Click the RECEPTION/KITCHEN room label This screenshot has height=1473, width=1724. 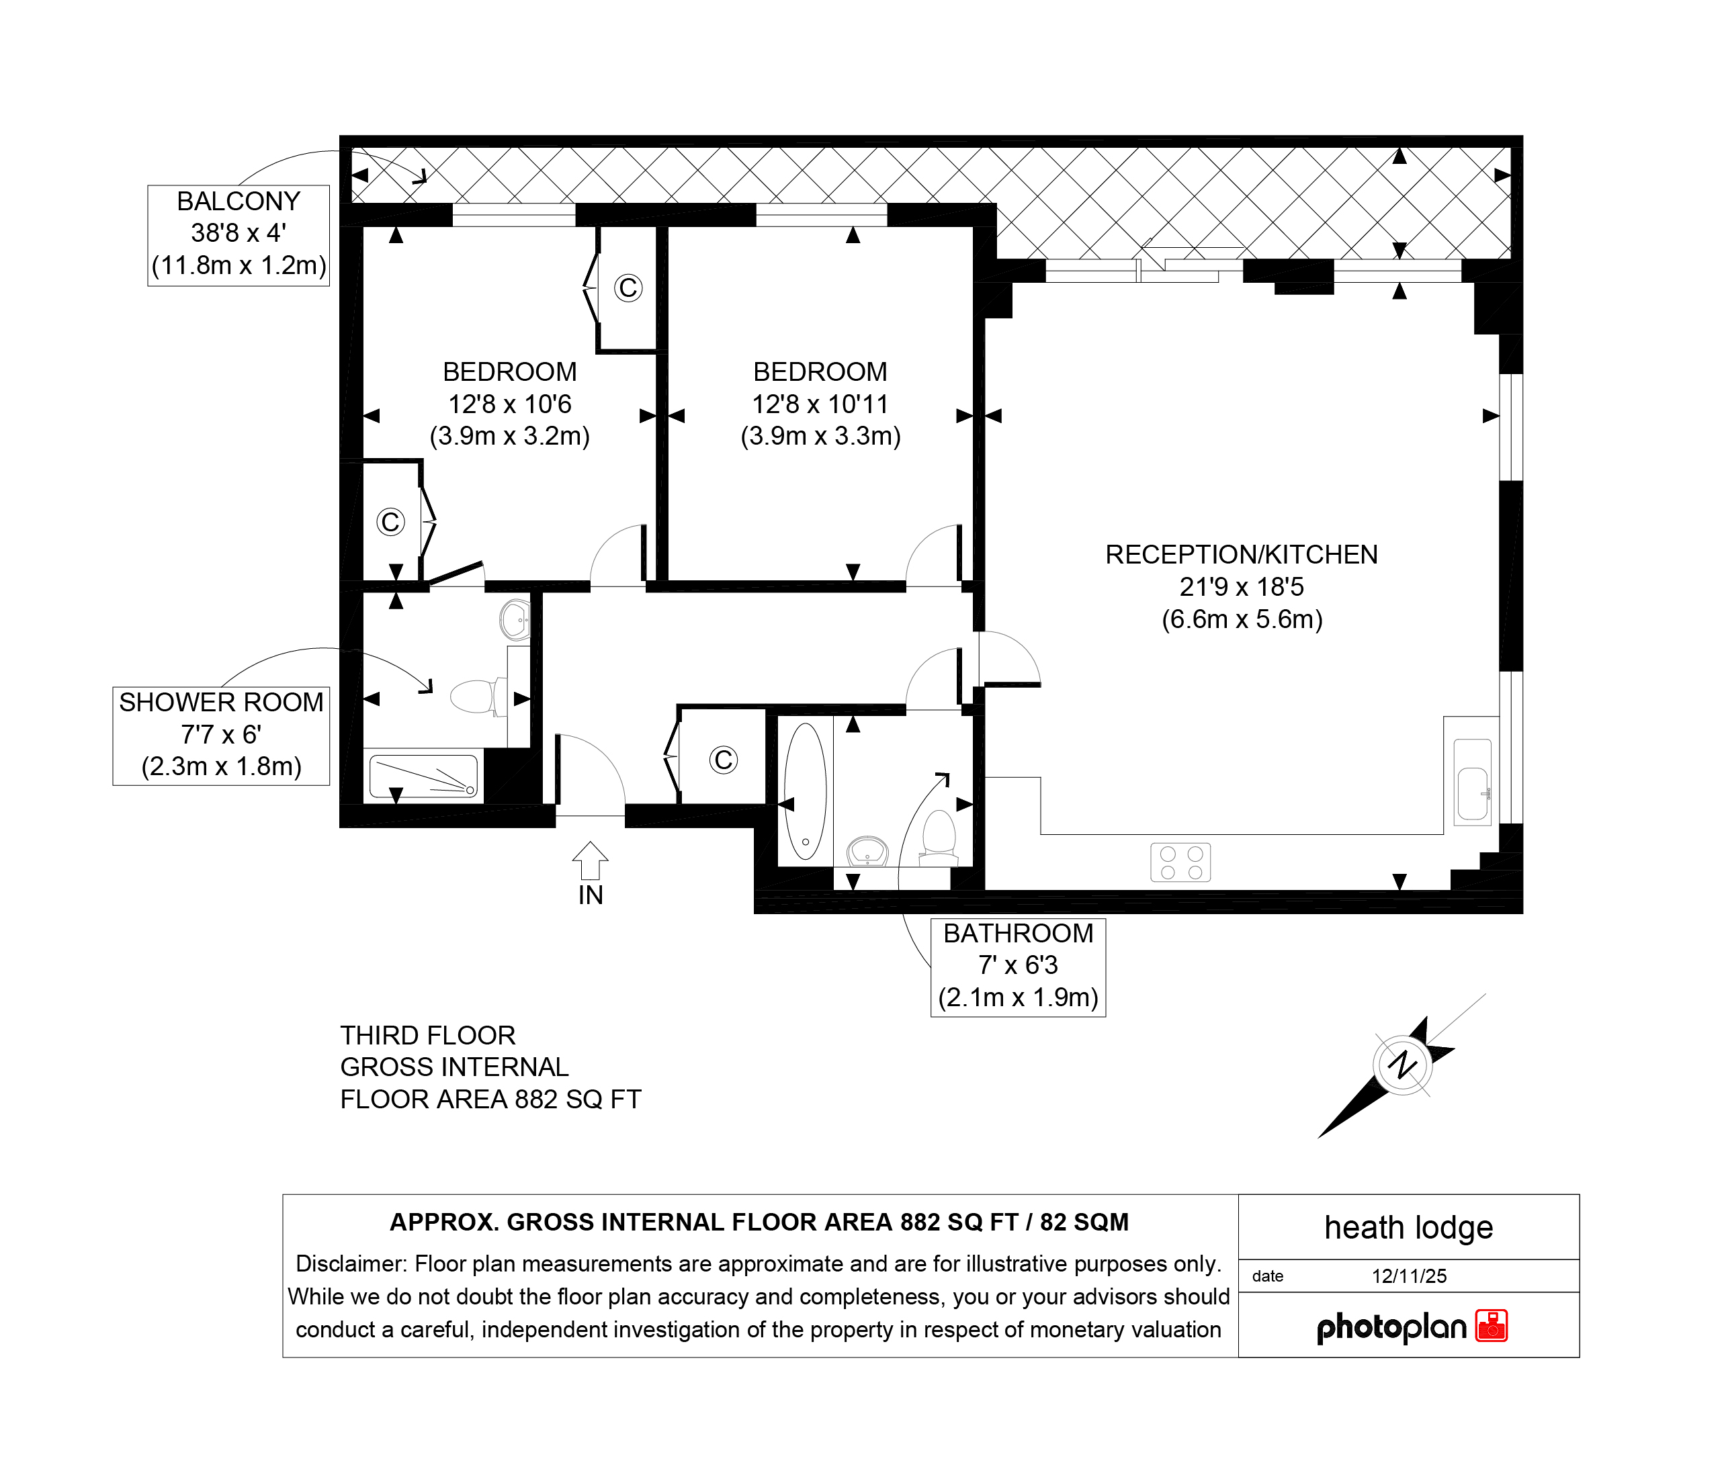coord(1242,586)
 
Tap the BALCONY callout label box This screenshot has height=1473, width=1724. coord(239,235)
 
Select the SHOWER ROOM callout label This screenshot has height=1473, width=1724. coord(221,735)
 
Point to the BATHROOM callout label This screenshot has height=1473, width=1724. coord(1018,967)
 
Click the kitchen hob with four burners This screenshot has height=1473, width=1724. coord(1180,862)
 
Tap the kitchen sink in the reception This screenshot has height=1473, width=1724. coord(1473,782)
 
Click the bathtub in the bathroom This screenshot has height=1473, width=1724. coord(806,790)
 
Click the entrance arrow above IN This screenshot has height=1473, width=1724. coord(590,860)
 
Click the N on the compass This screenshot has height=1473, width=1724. coord(1403,1065)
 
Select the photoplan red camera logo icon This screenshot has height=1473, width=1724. coord(1492,1326)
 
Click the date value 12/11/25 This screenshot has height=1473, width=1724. coord(1410,1276)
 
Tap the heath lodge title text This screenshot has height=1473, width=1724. coord(1409,1228)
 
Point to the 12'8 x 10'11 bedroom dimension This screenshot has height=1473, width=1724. coord(820,404)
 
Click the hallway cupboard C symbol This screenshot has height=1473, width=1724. coord(723,760)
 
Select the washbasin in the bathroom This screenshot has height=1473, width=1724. coord(868,851)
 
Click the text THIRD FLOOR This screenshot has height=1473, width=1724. coord(428,1036)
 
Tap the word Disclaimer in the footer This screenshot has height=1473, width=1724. coord(351,1263)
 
